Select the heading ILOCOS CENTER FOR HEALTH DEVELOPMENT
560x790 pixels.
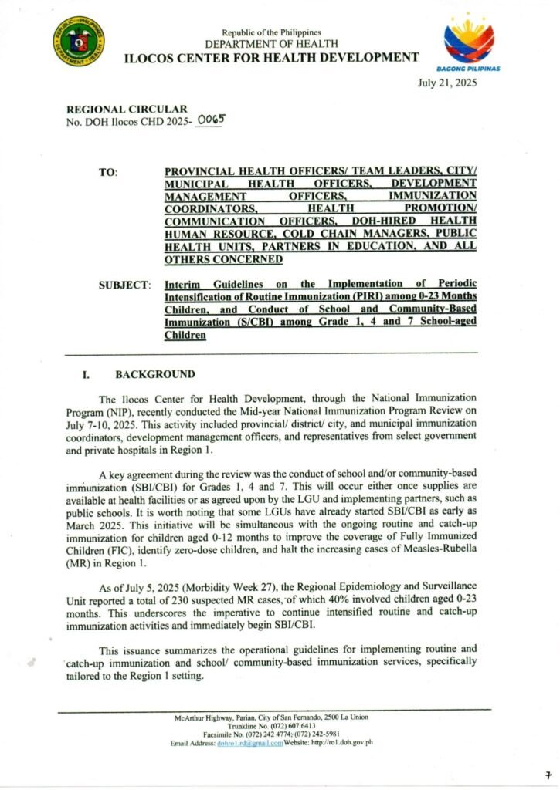pyautogui.click(x=272, y=57)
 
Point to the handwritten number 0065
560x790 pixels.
pyautogui.click(x=210, y=121)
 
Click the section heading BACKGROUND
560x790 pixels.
pyautogui.click(x=155, y=374)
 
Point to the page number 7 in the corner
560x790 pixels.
pyautogui.click(x=548, y=774)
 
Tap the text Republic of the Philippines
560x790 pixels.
pyautogui.click(x=271, y=32)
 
